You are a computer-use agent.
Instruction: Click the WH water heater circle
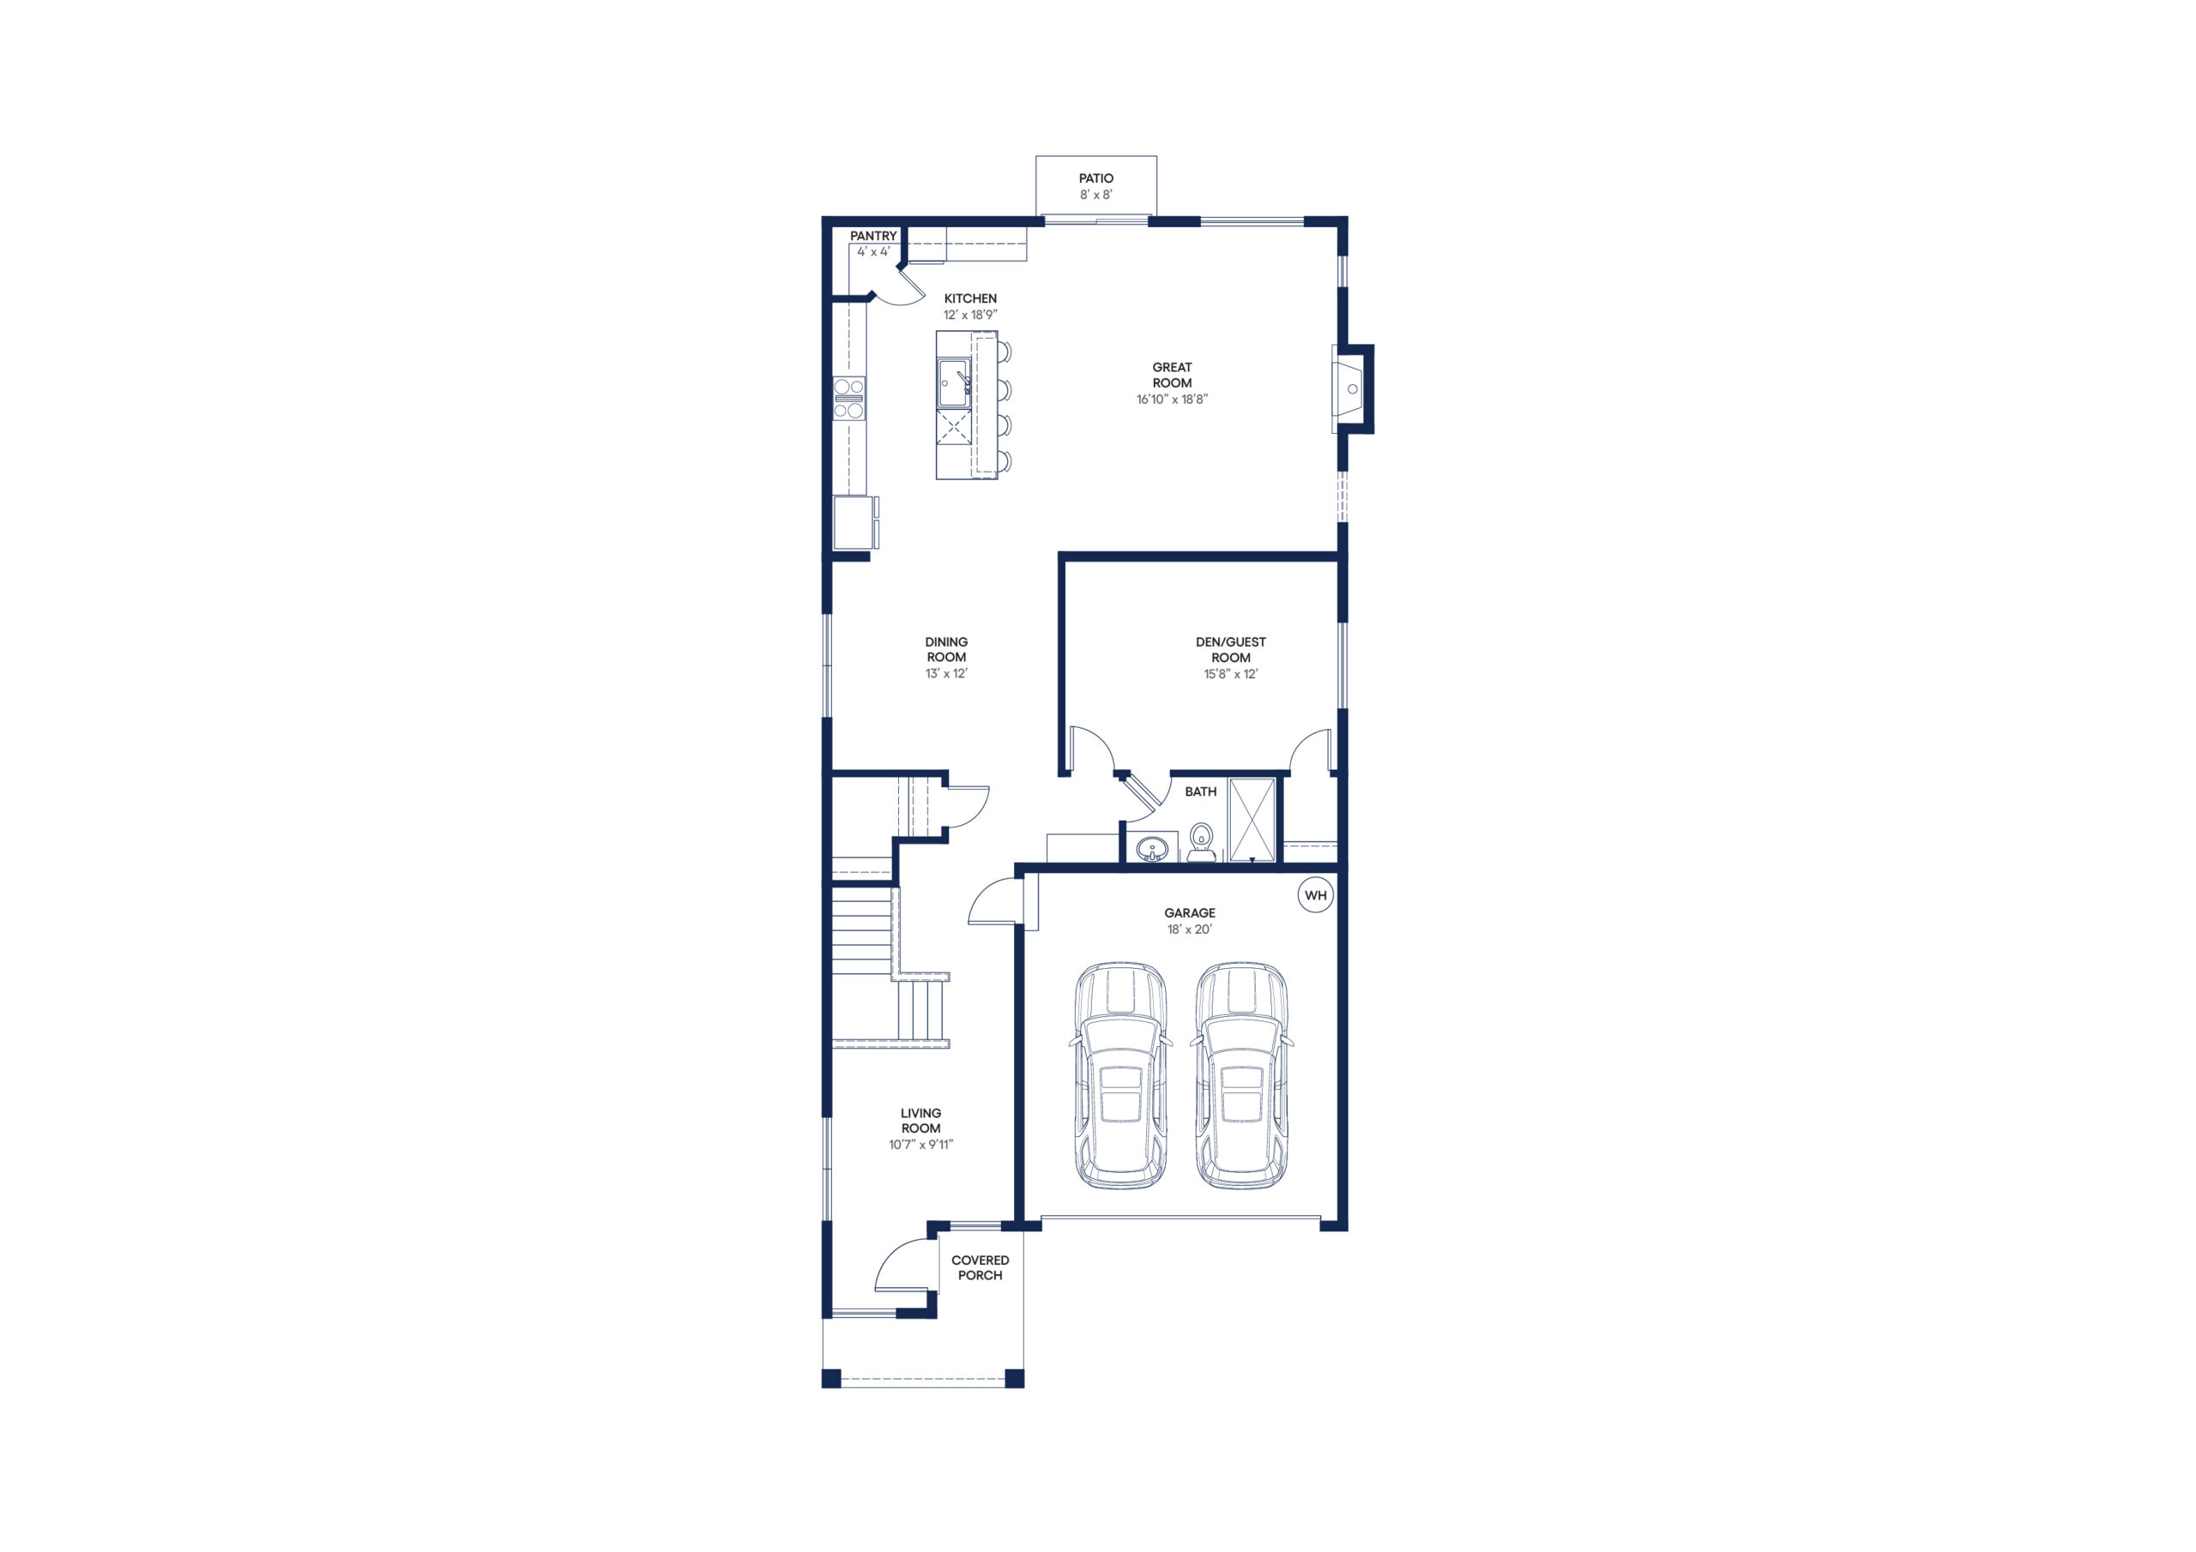(x=1315, y=895)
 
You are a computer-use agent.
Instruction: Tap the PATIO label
(x=1096, y=177)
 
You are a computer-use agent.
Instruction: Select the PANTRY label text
(x=873, y=236)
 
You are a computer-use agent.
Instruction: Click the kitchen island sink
(x=954, y=383)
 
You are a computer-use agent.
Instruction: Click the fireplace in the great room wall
(x=1351, y=389)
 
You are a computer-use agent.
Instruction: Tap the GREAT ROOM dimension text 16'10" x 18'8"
(x=1172, y=400)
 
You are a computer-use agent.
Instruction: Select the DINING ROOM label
(x=946, y=649)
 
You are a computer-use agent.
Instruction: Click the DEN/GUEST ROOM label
(x=1231, y=649)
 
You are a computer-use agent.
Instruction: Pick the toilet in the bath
(x=1201, y=841)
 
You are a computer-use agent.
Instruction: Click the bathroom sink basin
(x=1153, y=848)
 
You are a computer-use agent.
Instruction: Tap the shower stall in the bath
(x=1252, y=821)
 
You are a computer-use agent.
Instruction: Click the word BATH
(x=1200, y=791)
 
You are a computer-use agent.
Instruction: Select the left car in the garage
(x=1121, y=1076)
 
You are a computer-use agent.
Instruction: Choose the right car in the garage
(x=1241, y=1076)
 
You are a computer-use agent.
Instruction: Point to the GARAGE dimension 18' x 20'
(x=1190, y=929)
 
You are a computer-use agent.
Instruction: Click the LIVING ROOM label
(x=920, y=1121)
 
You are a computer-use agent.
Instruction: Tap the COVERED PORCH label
(x=980, y=1268)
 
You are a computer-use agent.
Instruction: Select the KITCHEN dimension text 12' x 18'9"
(x=970, y=315)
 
